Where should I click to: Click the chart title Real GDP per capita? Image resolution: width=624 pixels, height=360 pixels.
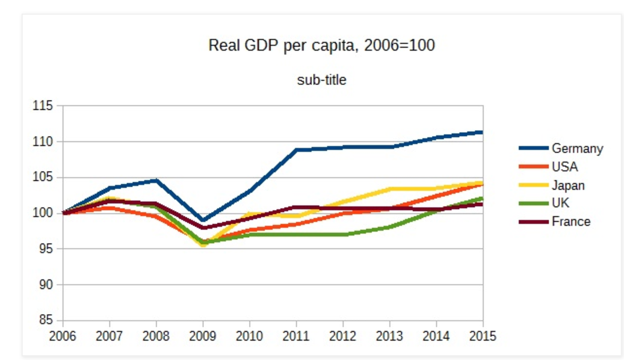[x=321, y=45]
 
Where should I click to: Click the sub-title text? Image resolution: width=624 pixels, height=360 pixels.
[x=321, y=79]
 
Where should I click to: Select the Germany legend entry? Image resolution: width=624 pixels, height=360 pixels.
[x=577, y=148]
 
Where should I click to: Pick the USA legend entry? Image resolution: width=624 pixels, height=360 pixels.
[x=564, y=167]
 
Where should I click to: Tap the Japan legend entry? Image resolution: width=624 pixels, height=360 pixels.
[x=568, y=185]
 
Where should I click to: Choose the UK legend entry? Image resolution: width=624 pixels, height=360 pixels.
[x=560, y=203]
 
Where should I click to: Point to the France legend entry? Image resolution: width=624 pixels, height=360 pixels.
[x=571, y=222]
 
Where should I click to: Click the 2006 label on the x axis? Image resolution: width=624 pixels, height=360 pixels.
[x=63, y=336]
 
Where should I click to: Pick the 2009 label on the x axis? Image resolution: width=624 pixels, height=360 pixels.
[x=203, y=336]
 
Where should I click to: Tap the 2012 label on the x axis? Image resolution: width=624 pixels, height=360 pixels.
[x=343, y=336]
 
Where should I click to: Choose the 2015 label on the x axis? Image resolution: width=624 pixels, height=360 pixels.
[x=483, y=336]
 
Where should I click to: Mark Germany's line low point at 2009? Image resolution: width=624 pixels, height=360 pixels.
[x=203, y=220]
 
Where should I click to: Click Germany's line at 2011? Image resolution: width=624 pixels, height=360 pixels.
[x=297, y=150]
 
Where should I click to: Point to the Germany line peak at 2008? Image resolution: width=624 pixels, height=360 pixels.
[x=156, y=181]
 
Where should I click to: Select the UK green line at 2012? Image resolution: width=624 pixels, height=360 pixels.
[x=343, y=234]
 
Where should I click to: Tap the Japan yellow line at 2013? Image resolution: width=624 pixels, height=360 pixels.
[x=390, y=189]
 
